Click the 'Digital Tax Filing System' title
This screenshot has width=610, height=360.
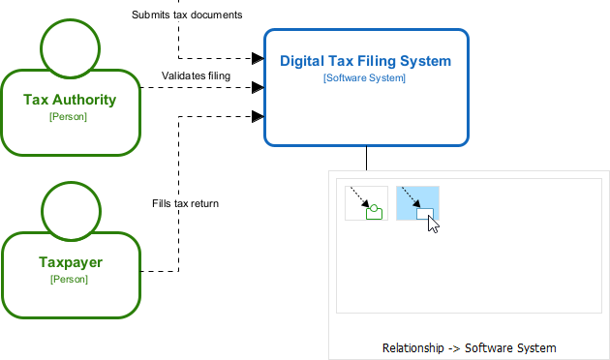365,61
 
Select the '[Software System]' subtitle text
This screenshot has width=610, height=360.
365,77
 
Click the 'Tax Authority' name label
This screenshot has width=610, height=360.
70,99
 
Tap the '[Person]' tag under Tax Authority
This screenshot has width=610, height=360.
69,116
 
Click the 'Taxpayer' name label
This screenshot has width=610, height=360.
70,261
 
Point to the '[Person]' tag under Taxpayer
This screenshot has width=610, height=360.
69,279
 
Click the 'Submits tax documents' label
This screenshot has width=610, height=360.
186,15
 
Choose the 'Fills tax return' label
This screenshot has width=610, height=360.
185,203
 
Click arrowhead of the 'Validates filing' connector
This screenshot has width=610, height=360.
259,87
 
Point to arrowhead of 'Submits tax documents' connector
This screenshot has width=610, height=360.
259,58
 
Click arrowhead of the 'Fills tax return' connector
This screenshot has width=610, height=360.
259,116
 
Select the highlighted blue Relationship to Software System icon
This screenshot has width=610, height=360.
417,203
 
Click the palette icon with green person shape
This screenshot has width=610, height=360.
366,203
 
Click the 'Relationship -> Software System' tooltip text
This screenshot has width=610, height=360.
469,347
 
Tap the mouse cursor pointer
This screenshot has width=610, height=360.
433,225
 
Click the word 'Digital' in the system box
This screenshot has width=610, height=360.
301,61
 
